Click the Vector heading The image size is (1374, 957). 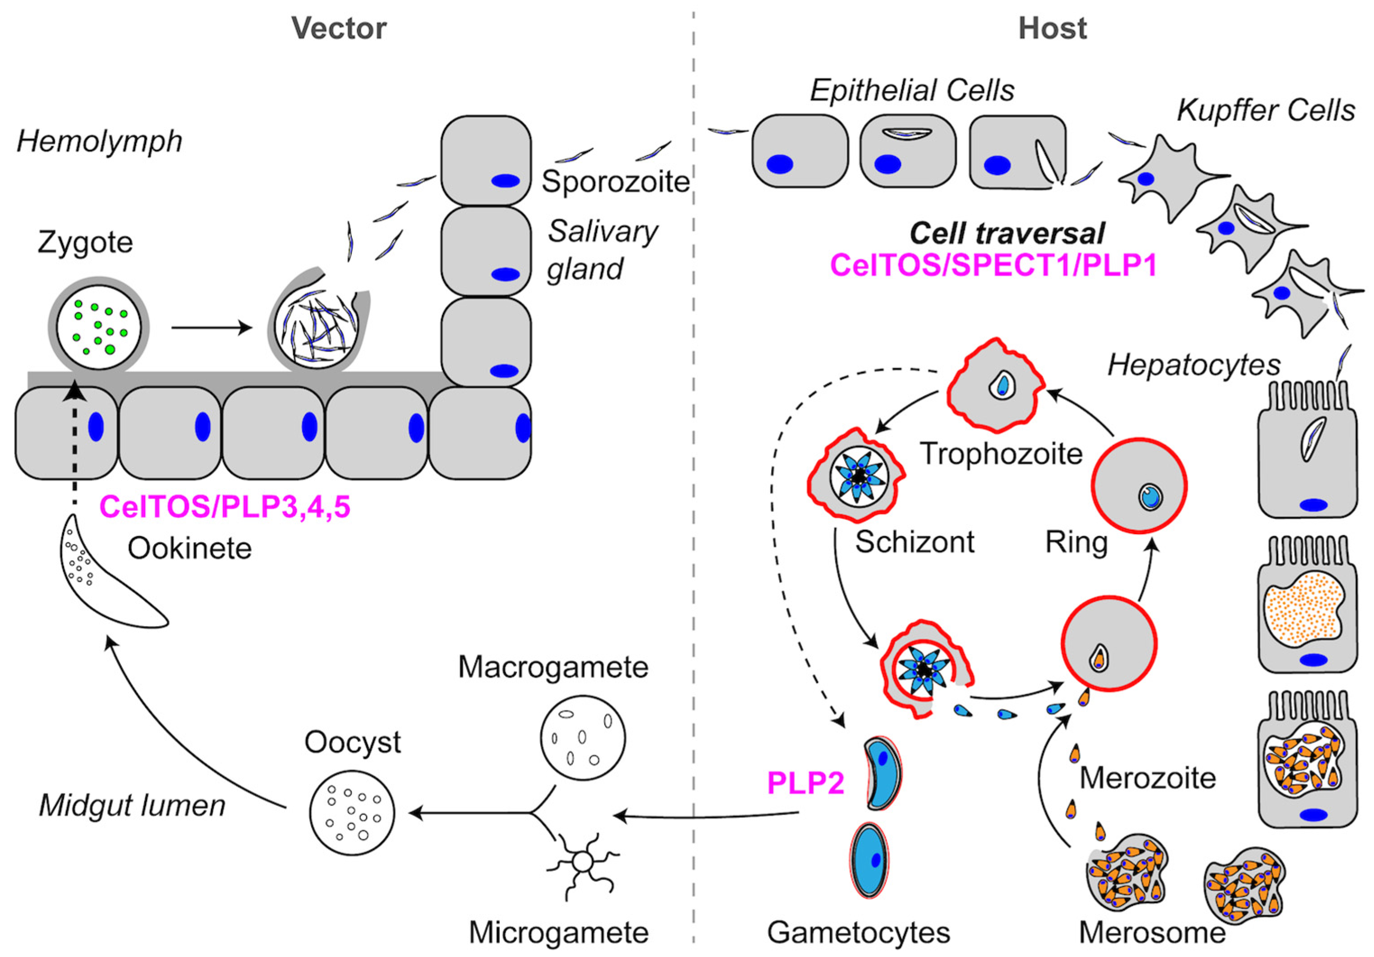click(x=339, y=28)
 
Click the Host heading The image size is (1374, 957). click(x=1052, y=28)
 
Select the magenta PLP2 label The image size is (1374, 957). click(x=805, y=783)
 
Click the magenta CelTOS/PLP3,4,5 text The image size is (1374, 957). click(x=225, y=507)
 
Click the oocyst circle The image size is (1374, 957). click(x=352, y=812)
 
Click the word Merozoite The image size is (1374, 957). click(x=1148, y=778)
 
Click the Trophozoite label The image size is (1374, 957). click(x=1001, y=454)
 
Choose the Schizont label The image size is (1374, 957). click(x=914, y=542)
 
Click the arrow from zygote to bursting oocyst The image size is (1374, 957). click(x=211, y=328)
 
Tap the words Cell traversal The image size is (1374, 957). click(x=1006, y=233)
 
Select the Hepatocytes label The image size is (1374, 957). click(x=1194, y=365)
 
